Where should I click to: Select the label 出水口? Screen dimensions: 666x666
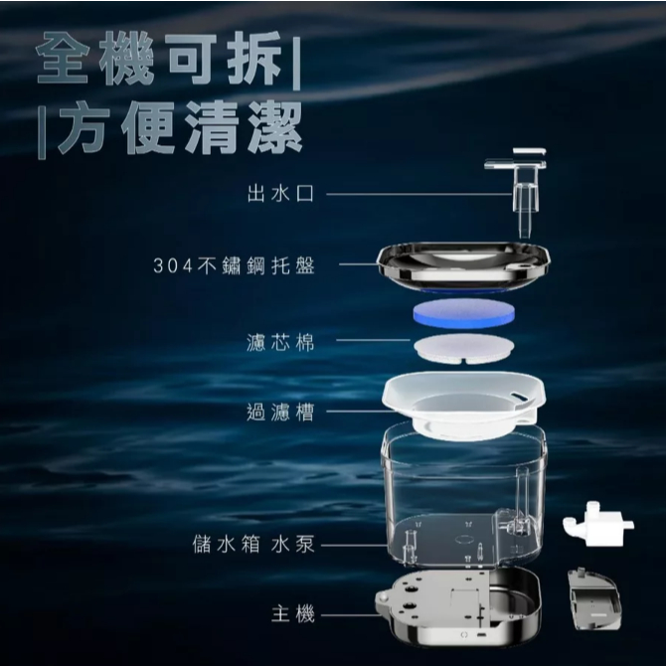280,194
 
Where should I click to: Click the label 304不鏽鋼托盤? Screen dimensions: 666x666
234,265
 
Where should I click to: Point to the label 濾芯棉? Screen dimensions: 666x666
280,342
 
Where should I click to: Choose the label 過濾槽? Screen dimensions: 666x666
280,412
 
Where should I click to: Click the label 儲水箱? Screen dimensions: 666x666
226,544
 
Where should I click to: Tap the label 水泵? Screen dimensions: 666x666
293,544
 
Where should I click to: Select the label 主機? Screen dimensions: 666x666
293,614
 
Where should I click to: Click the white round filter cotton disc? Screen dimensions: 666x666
464,348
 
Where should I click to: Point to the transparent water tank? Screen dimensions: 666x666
464,497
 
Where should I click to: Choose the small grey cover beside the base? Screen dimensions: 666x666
593,599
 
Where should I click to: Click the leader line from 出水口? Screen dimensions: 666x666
418,194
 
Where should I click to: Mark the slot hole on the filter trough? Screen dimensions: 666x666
519,395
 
